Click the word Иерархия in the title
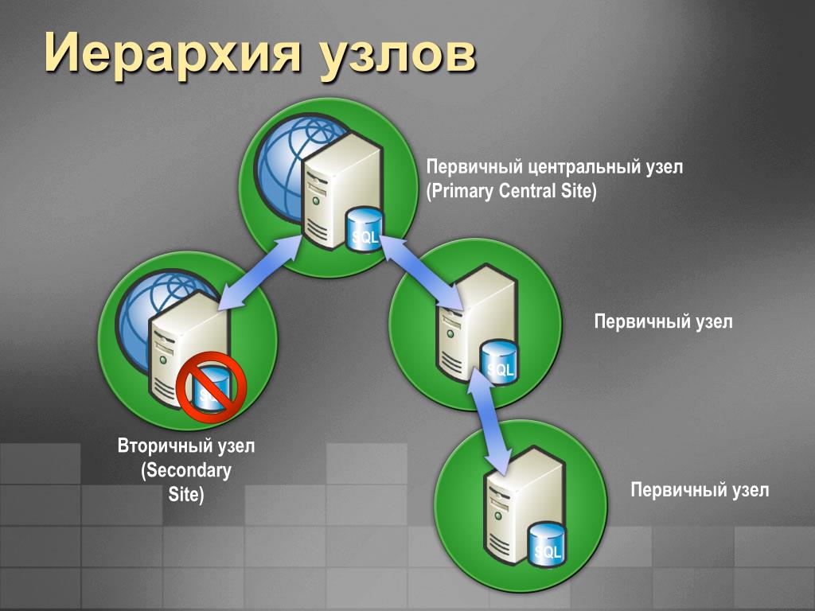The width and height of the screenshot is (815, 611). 170,54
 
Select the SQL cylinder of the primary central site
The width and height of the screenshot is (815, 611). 365,231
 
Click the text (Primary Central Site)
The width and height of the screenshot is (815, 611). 511,192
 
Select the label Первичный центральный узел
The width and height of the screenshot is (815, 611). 555,168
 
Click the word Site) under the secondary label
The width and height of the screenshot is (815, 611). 186,494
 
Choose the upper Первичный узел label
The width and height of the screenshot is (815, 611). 663,321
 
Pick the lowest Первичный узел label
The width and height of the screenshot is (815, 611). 700,489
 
